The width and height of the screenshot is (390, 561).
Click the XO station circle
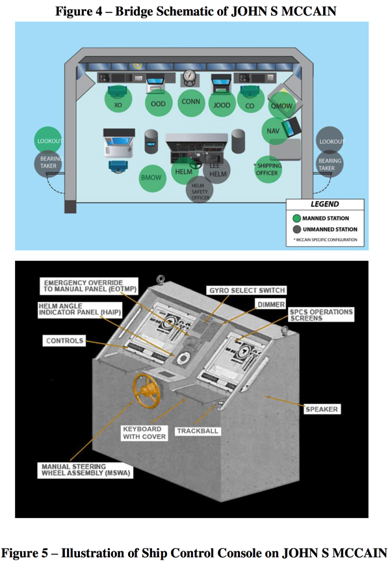click(118, 103)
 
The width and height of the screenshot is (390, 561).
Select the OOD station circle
click(158, 103)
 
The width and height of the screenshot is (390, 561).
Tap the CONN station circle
click(190, 102)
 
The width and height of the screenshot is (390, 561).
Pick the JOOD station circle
click(222, 103)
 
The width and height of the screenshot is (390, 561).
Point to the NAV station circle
click(274, 131)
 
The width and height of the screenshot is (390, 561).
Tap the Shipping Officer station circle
click(268, 169)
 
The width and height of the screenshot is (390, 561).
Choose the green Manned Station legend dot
click(296, 219)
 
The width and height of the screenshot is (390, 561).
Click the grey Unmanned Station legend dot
click(296, 230)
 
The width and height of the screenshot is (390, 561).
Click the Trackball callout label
click(197, 431)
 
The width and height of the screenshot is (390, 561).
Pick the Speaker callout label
click(322, 409)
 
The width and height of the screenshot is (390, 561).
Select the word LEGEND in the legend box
click(325, 204)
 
